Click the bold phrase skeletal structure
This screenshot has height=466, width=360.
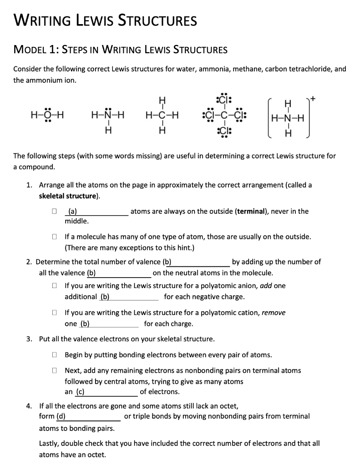click(69, 196)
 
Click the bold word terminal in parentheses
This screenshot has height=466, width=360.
click(250, 211)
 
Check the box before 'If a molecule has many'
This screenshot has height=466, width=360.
click(54, 237)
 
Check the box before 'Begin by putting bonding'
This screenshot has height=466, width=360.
click(54, 355)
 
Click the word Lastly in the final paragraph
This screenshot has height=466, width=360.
click(50, 443)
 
